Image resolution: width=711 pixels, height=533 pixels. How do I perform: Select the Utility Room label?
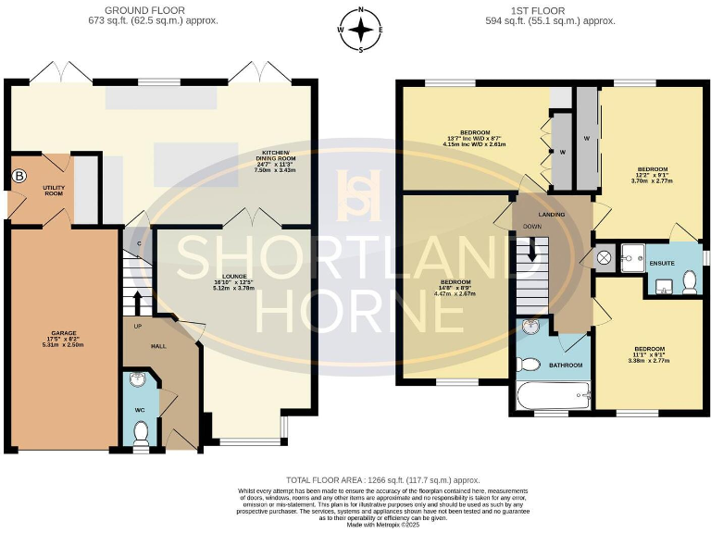(53, 189)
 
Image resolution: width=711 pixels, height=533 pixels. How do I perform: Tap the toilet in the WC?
(140, 432)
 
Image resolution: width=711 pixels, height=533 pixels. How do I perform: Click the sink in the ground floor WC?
(137, 379)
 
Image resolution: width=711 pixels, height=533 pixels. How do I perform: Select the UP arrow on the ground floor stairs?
(137, 304)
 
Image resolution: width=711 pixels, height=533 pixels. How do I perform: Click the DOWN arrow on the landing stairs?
(532, 248)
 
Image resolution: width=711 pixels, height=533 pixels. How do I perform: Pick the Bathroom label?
(566, 366)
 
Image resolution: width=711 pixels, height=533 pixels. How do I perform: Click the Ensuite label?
(661, 264)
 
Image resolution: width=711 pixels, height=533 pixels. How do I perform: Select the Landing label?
(553, 215)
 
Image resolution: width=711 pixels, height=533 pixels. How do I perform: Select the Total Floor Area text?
(356, 480)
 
